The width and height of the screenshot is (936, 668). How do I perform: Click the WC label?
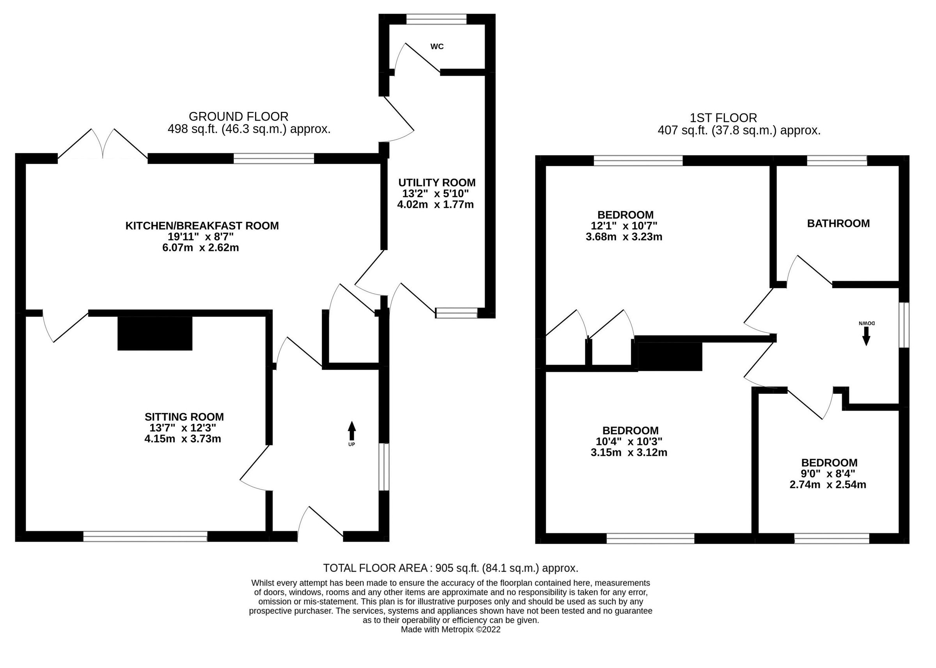437,46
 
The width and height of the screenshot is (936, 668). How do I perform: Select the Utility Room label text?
437,183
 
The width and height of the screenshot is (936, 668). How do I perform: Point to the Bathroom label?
838,223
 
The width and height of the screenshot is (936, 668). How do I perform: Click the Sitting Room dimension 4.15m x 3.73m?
183,439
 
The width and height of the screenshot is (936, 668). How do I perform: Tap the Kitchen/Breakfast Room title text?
202,226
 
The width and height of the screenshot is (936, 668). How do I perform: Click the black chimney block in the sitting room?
154,333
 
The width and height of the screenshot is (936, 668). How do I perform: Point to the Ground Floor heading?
239,117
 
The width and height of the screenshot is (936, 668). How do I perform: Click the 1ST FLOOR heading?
723,118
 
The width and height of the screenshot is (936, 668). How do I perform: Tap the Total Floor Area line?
450,568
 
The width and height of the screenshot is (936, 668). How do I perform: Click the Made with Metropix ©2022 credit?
450,629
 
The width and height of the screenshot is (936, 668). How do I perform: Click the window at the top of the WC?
436,19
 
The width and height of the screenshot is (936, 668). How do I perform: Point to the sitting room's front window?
145,536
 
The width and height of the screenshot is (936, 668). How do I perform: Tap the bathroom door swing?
808,271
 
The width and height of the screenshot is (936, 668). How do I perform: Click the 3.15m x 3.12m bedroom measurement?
629,453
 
